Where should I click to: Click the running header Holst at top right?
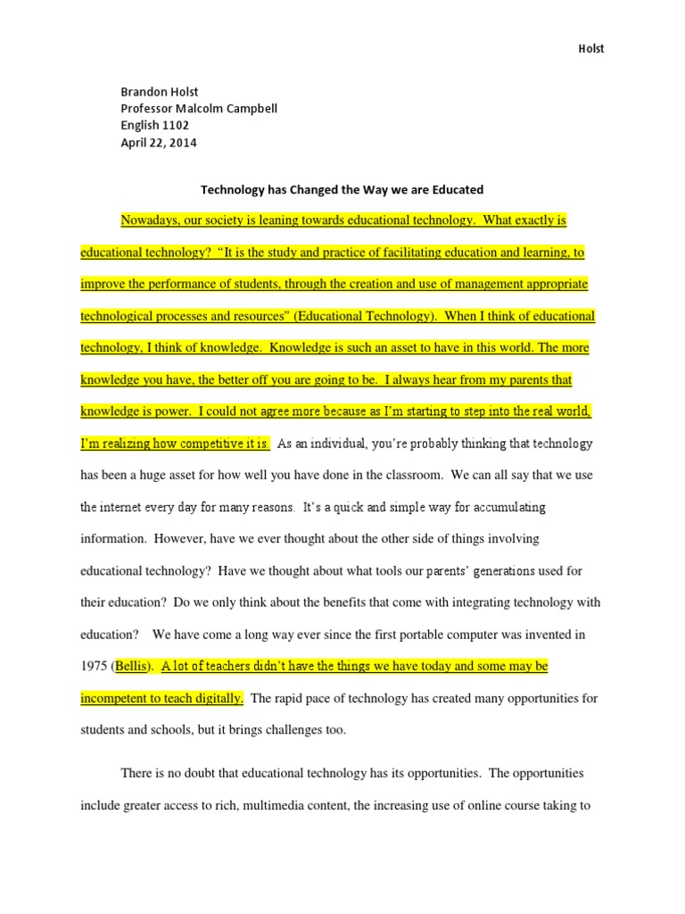[590, 49]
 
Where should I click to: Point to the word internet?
[121, 507]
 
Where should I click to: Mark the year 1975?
[95, 667]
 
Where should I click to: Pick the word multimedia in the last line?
[290, 804]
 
